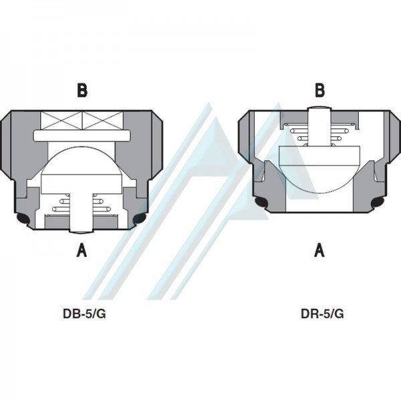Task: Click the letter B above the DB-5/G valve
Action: (x=82, y=90)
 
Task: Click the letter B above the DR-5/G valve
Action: (x=319, y=90)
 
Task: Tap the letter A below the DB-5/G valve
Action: (x=82, y=250)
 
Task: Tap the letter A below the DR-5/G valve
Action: (x=319, y=250)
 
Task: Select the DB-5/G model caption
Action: (x=84, y=314)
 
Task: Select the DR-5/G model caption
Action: (x=322, y=314)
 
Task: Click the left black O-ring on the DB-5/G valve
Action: (x=23, y=218)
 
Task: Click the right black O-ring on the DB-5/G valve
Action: (x=140, y=218)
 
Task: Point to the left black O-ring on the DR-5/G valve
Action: (x=261, y=202)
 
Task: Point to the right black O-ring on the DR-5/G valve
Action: (x=378, y=202)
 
